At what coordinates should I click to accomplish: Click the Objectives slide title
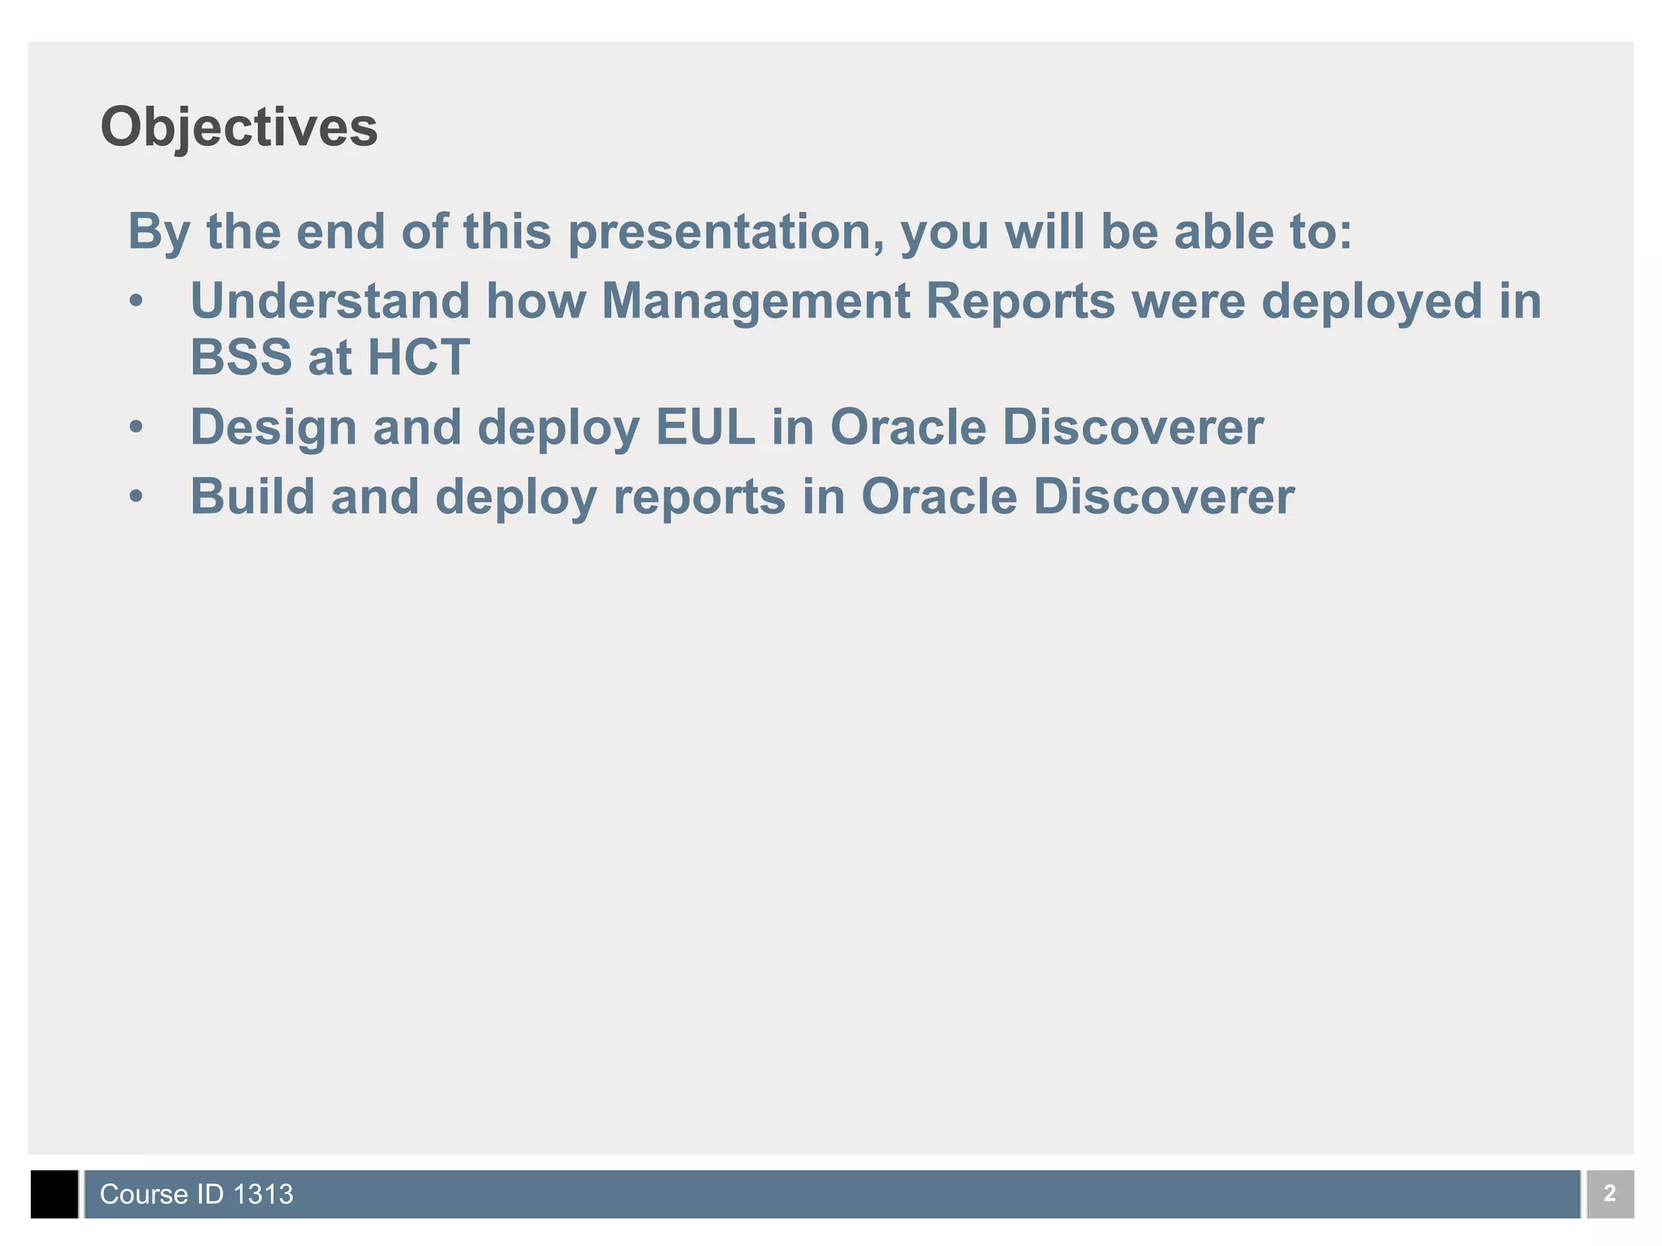(x=239, y=128)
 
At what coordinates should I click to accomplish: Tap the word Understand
(x=329, y=301)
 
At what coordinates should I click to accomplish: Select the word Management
(x=755, y=303)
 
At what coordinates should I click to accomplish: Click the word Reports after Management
(x=1020, y=303)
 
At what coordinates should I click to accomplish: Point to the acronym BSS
(x=240, y=357)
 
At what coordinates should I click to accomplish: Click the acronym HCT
(x=418, y=357)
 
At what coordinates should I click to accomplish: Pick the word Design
(x=273, y=428)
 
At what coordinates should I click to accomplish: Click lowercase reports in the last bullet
(x=699, y=498)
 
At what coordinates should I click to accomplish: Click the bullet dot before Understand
(x=136, y=302)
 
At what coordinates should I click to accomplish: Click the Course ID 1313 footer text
(x=196, y=1194)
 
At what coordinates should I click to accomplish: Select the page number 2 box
(x=1609, y=1193)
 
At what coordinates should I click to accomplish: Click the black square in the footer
(x=54, y=1193)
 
